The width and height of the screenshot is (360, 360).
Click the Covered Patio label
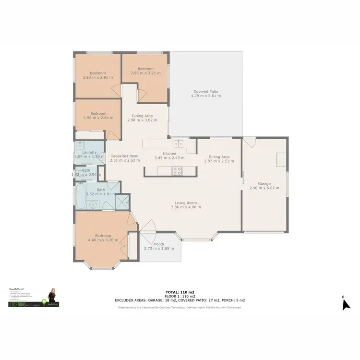click(207, 91)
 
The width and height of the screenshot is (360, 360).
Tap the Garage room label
click(264, 184)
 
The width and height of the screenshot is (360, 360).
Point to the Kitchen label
click(170, 154)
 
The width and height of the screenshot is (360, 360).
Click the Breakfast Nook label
click(125, 156)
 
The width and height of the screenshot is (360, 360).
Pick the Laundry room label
click(90, 153)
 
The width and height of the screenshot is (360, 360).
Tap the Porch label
click(159, 244)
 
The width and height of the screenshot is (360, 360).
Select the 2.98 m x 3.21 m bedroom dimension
click(145, 73)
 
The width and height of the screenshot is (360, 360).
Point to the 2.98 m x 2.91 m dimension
click(98, 77)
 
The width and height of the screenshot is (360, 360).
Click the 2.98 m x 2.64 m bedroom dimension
click(98, 118)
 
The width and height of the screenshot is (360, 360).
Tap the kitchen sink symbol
click(179, 143)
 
